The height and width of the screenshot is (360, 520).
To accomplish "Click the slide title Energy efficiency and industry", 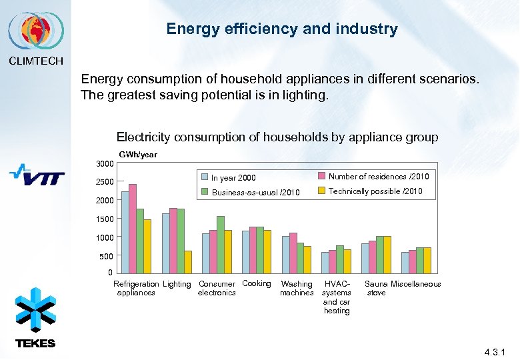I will coord(282,29).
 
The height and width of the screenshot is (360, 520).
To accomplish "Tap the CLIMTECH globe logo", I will coord(36,31).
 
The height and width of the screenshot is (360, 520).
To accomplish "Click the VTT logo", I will coord(37,176).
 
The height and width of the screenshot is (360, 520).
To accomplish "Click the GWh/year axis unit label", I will coord(139,154).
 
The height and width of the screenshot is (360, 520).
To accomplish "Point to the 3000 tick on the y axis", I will coord(105,164).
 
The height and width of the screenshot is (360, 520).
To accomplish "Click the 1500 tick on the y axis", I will coord(105,219).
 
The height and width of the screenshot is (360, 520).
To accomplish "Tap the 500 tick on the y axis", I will coord(107,256).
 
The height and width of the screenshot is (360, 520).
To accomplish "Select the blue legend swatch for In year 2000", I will coord(205,177).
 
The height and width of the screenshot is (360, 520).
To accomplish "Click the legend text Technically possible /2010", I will coord(376,191).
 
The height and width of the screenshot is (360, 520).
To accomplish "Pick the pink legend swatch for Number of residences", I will coord(321,176).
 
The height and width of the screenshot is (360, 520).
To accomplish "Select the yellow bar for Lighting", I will coord(188,261).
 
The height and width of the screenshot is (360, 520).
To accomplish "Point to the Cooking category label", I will coord(257,284).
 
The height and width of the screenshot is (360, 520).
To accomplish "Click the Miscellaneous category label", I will coord(416,285).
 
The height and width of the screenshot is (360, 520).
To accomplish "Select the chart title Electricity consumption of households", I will coord(277,137).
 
